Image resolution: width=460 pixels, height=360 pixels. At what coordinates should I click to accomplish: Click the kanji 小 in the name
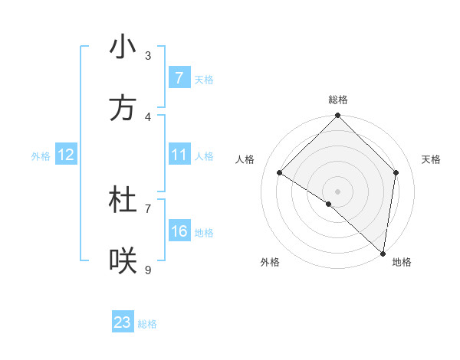click(123, 47)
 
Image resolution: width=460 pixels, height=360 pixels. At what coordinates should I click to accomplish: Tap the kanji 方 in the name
click(123, 109)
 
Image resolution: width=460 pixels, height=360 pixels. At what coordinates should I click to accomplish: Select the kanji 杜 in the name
click(123, 201)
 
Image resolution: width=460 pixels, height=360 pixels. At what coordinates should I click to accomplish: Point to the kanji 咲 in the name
click(123, 262)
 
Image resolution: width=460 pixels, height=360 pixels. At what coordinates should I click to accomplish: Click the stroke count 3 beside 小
click(148, 55)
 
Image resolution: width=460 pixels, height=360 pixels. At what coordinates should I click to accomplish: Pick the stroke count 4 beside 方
click(148, 116)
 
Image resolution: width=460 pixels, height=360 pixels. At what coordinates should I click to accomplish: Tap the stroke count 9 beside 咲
click(148, 270)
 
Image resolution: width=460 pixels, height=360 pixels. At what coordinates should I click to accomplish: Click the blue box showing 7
click(179, 78)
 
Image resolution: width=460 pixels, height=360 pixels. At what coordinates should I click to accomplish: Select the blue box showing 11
click(179, 155)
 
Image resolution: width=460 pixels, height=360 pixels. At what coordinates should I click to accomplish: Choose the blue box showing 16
click(179, 231)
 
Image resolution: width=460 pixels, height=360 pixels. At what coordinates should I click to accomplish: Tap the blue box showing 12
click(66, 155)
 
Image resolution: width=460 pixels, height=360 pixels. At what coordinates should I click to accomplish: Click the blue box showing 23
click(123, 322)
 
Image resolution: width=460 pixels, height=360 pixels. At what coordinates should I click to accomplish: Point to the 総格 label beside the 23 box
click(147, 324)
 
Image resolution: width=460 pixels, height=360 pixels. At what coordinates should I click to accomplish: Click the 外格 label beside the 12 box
click(41, 156)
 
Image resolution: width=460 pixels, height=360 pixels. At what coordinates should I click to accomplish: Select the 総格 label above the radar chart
click(338, 100)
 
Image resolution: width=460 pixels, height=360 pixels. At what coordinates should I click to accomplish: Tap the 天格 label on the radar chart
click(432, 159)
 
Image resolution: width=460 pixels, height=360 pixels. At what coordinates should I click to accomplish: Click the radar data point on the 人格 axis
click(280, 173)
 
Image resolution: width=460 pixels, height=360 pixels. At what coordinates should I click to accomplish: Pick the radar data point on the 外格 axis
click(329, 204)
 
